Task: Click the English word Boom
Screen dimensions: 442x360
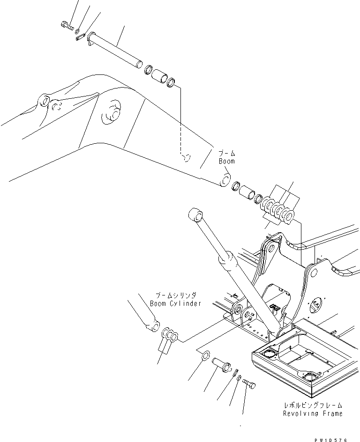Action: click(227, 161)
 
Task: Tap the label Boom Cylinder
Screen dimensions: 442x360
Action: click(176, 303)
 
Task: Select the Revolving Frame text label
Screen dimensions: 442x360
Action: click(312, 413)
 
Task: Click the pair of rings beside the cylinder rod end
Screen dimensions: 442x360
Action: click(170, 335)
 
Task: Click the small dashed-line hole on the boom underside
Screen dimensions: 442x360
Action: click(186, 158)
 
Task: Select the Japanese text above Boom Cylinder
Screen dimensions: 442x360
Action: click(176, 295)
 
